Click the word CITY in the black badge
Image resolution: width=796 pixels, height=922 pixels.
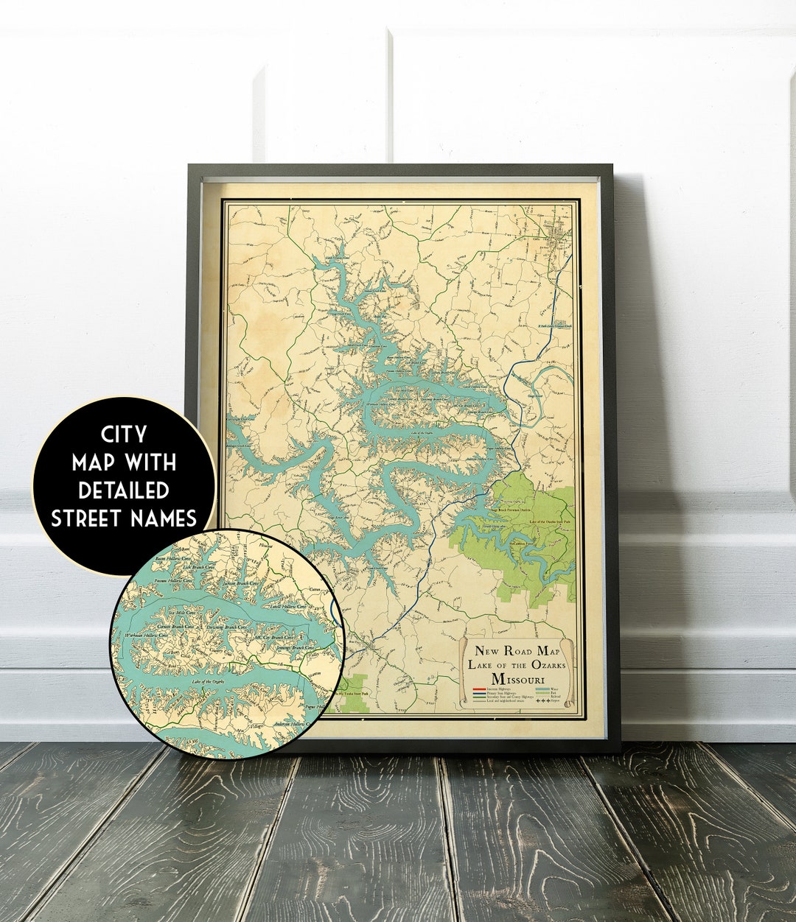tap(123, 434)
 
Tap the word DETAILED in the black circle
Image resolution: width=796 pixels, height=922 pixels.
tap(124, 490)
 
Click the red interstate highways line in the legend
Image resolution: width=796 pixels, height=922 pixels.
tap(480, 689)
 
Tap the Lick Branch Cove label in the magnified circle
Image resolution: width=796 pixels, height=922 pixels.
tap(198, 568)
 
